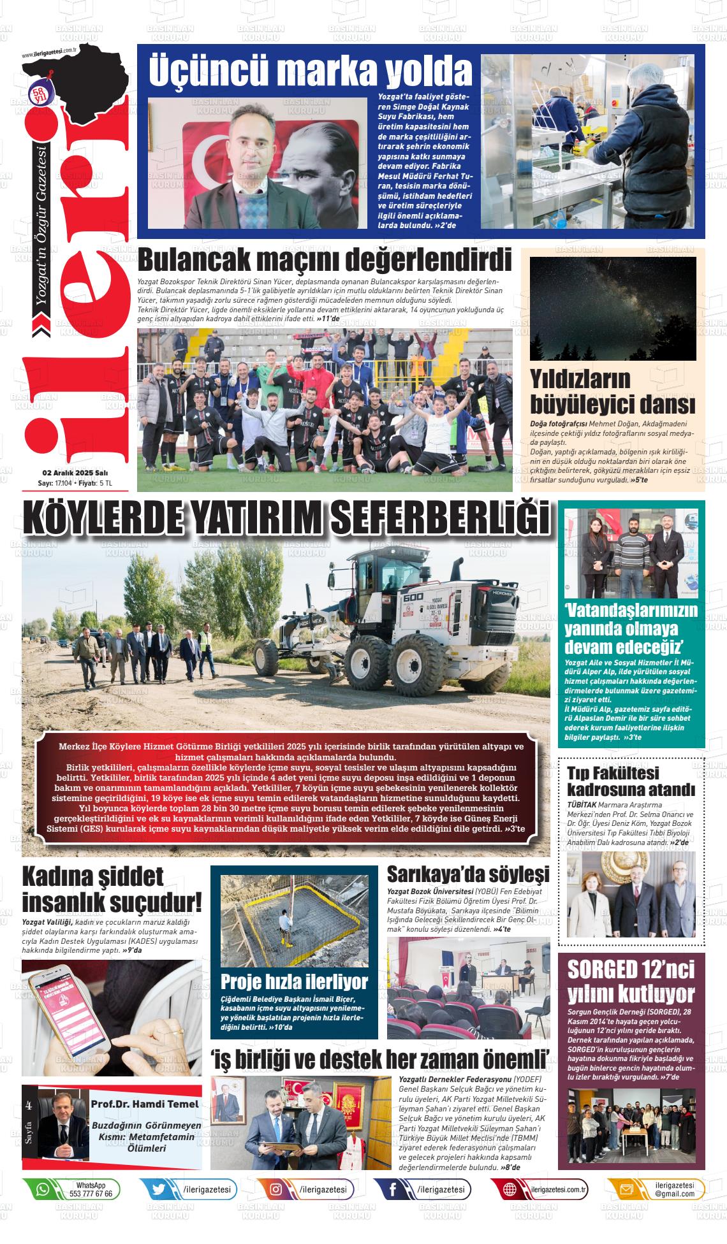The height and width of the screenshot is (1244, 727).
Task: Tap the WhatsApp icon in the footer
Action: pos(43,1189)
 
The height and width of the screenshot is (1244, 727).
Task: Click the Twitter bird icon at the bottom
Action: pos(159,1189)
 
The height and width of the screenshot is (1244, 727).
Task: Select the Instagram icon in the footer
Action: pos(276,1189)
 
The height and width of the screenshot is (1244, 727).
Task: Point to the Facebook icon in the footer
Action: pos(393,1189)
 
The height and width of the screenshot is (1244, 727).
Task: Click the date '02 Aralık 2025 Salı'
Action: pos(75,473)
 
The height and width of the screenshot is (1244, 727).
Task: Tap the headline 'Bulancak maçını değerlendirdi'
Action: pos(324,261)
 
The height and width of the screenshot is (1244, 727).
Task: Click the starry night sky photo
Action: pos(613,309)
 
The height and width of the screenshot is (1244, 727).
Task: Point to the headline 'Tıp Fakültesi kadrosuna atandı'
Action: pos(630,781)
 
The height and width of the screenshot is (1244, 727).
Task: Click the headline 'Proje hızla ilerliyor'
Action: pos(294,981)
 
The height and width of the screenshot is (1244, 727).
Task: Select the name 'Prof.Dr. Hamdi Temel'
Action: pos(145,1103)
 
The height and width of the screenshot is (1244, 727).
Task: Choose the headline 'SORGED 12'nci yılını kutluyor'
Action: pos(631,981)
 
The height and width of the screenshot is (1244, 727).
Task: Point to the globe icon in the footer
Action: pos(510,1189)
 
